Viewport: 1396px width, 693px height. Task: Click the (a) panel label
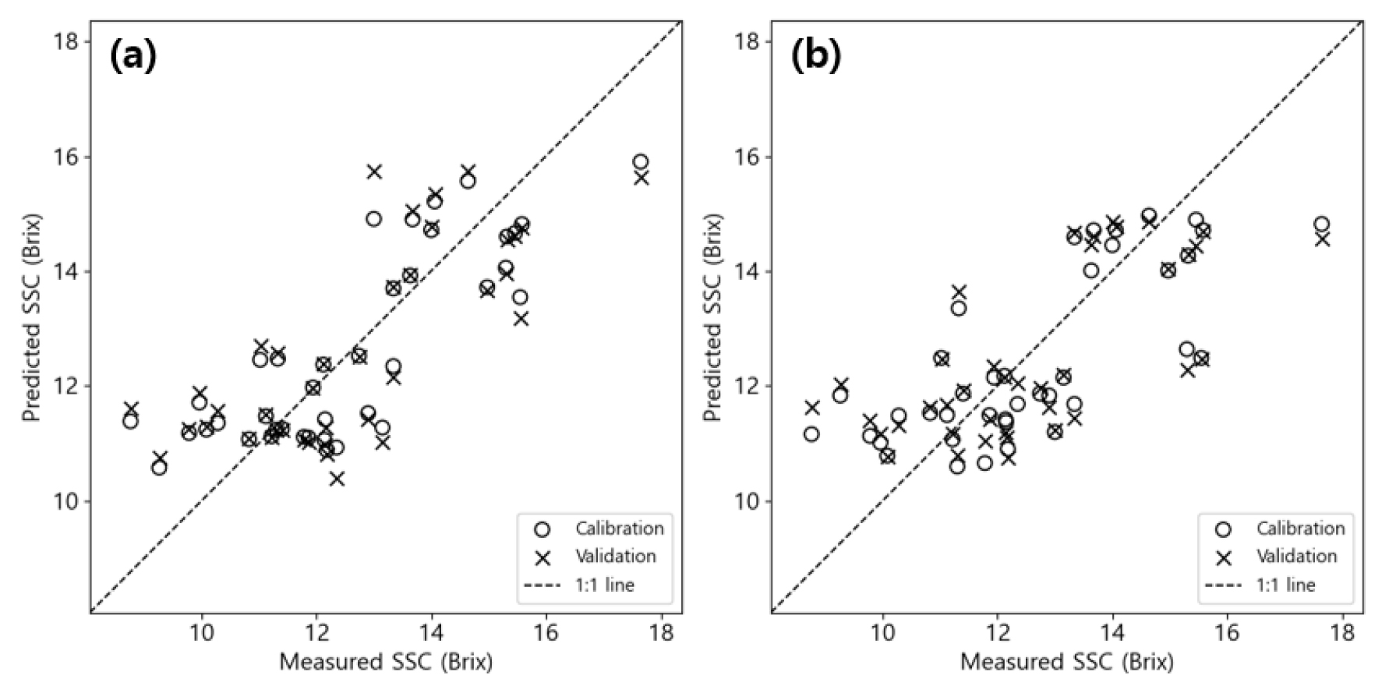tap(133, 57)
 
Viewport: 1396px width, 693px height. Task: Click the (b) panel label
tap(816, 57)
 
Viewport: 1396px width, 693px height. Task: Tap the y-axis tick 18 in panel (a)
tap(68, 41)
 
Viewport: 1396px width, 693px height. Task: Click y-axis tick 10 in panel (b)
tap(749, 501)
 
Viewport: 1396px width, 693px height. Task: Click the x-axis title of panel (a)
tap(386, 663)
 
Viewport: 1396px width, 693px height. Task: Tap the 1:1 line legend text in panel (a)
tap(605, 585)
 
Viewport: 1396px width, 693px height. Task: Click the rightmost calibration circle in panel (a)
tap(641, 162)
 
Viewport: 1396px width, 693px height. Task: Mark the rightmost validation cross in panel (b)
tap(1322, 239)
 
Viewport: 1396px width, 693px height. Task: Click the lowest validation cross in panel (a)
tap(337, 479)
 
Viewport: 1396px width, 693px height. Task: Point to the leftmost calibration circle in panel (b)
tap(811, 434)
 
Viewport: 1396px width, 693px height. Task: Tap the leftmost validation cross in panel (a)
tap(131, 408)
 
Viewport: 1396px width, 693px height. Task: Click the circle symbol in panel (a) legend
tap(542, 529)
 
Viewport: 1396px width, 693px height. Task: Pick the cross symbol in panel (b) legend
tap(1223, 557)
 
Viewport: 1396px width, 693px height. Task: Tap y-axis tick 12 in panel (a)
tap(68, 387)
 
